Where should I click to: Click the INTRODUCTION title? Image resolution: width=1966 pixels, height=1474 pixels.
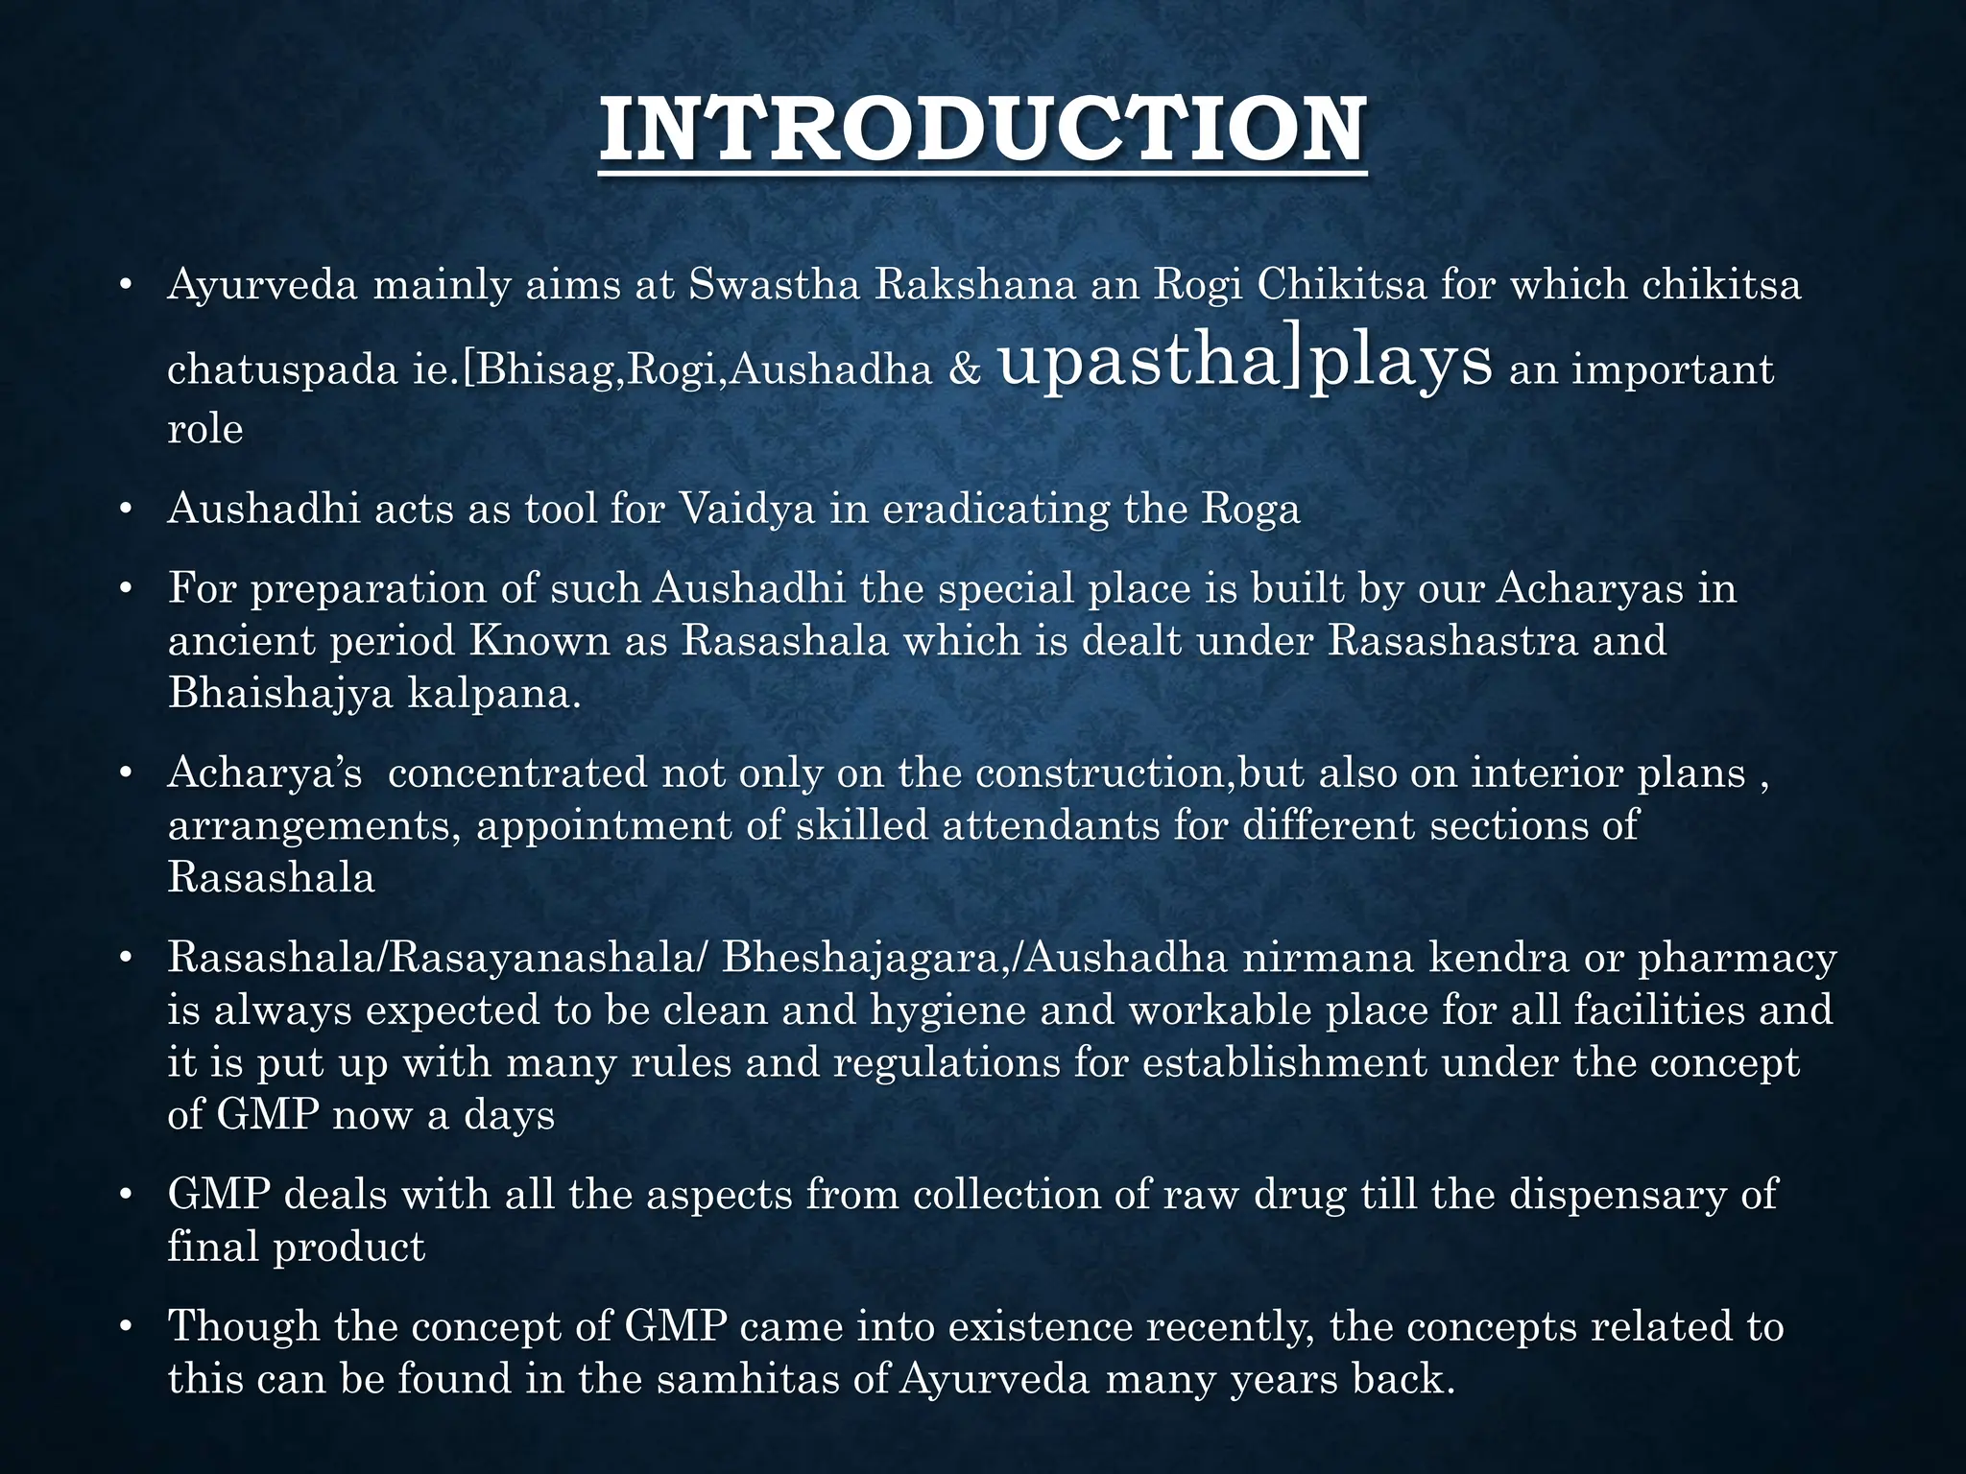(982, 131)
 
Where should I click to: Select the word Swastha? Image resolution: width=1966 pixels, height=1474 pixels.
(774, 285)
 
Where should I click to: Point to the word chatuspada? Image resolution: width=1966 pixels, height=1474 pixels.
(282, 370)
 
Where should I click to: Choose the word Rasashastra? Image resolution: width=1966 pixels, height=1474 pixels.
(1452, 640)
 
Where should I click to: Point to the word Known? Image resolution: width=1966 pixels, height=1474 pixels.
(539, 640)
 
